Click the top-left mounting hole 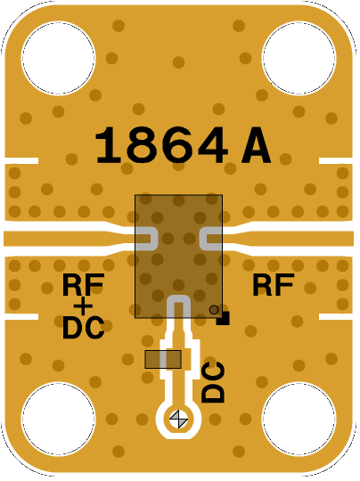pos(58,58)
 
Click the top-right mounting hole pos(299,58)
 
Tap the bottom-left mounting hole pos(58,419)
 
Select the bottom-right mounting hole pos(299,419)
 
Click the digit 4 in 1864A pos(212,145)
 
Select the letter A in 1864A pos(257,145)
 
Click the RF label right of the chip pos(274,285)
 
